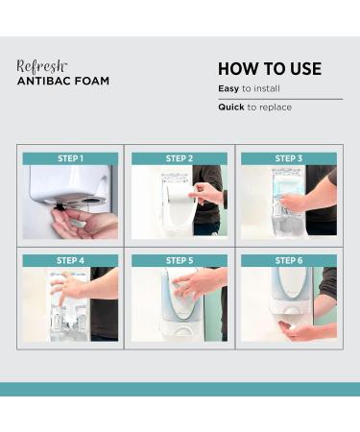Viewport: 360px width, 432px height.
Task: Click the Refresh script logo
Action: point(42,65)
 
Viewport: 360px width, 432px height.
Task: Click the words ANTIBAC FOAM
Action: point(63,82)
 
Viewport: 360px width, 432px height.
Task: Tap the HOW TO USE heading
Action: point(270,69)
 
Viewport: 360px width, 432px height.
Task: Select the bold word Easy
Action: point(228,88)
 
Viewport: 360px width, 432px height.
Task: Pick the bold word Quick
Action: point(231,108)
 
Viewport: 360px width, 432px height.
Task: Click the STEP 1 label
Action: point(70,158)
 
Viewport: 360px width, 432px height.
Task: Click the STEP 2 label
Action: point(179,158)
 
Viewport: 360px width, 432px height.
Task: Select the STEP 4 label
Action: point(70,260)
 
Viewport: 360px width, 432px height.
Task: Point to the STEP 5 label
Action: point(179,260)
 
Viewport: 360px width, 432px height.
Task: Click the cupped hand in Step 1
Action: point(84,224)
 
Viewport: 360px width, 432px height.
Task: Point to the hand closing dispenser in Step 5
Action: point(200,285)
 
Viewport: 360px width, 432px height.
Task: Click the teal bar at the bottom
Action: point(180,389)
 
